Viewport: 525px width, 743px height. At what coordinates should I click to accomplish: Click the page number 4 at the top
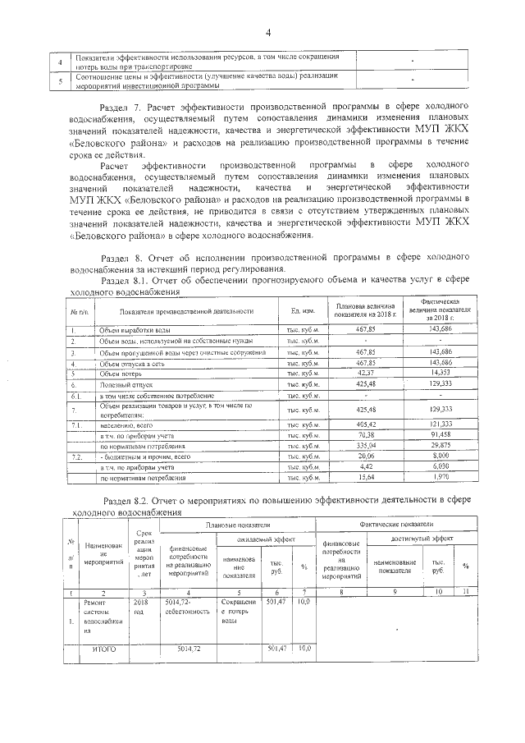click(267, 33)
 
